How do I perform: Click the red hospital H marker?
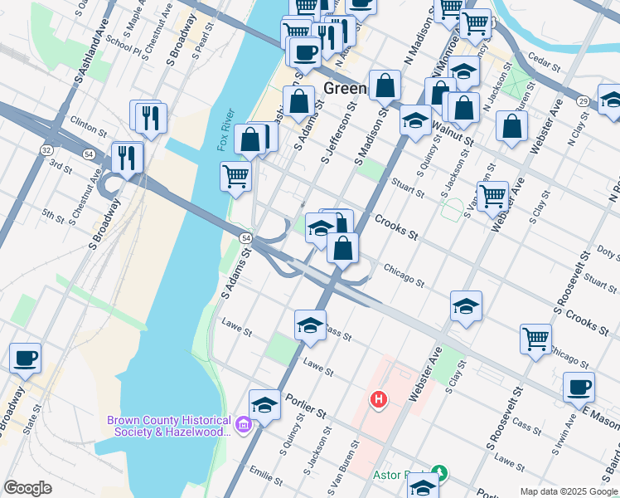379,401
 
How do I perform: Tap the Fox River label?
225,130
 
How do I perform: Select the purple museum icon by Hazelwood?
243,427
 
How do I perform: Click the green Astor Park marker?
441,475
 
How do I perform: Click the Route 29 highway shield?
584,100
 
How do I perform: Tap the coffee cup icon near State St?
25,359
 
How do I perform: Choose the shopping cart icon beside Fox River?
236,176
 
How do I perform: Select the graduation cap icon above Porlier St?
264,404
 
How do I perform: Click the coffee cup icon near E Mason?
579,387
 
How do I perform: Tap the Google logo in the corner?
27,488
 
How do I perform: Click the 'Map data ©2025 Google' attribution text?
568,491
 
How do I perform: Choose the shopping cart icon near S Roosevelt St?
536,338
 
